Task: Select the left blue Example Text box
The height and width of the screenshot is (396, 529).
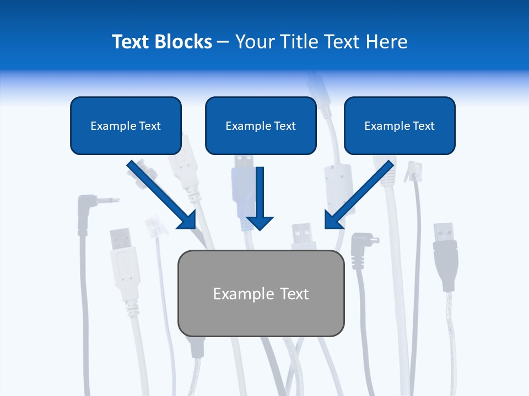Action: pos(126,125)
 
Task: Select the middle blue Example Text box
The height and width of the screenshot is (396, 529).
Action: pos(261,125)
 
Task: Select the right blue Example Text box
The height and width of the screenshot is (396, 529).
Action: pos(400,125)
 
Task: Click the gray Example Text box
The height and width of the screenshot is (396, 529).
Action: pos(261,293)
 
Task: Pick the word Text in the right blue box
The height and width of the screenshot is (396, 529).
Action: pos(423,126)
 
